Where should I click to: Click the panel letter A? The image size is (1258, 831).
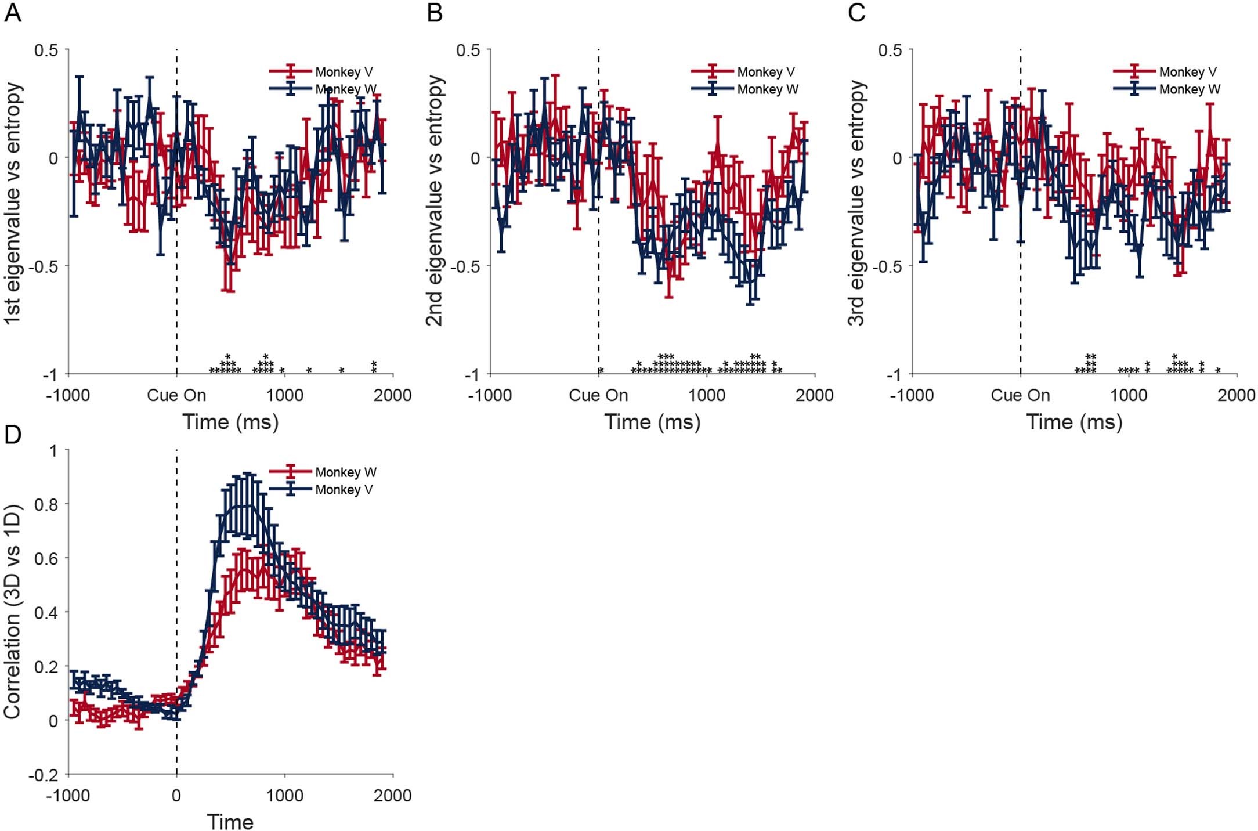[13, 13]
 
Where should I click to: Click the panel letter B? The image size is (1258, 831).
[435, 13]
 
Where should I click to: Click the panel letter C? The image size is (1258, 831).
[856, 13]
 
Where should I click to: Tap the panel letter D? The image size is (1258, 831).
[13, 434]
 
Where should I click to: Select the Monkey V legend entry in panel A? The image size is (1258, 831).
[344, 72]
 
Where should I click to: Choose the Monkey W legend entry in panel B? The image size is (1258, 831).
[767, 89]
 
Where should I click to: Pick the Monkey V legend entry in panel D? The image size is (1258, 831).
[344, 490]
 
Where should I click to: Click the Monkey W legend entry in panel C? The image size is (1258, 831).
[1189, 89]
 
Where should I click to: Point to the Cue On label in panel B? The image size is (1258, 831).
[598, 396]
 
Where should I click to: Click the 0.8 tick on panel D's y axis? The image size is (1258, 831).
[46, 504]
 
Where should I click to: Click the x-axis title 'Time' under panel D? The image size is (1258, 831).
[230, 822]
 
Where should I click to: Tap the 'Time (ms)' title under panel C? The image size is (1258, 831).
[1074, 422]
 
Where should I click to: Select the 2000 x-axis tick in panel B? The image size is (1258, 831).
[814, 396]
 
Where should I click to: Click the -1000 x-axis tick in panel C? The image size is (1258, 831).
[912, 396]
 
